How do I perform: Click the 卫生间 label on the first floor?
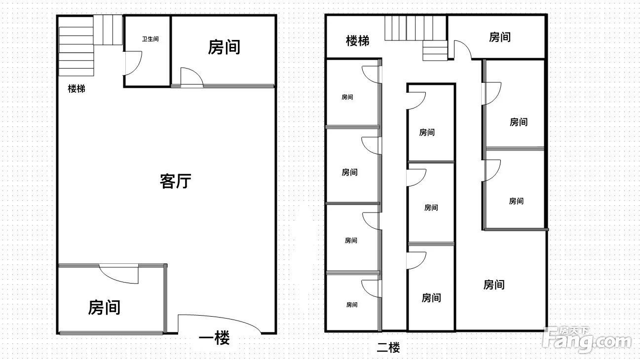coord(151,39)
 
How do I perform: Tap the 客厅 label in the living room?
coord(176,181)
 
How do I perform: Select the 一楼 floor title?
coord(214,338)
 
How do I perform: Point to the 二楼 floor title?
coord(388,348)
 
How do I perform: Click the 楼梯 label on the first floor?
coord(76,88)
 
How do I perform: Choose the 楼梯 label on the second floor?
coord(357,40)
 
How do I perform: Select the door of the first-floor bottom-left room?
coord(118,274)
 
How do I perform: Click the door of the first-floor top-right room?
coord(192,77)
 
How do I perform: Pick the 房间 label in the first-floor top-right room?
coord(224,47)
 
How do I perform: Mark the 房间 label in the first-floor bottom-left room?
coord(104,307)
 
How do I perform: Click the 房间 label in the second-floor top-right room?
coord(500,37)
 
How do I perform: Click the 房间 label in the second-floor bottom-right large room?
coord(494,285)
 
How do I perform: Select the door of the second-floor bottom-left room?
coord(372,288)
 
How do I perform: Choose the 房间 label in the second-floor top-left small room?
coord(347,97)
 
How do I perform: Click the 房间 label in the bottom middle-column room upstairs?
coord(431,298)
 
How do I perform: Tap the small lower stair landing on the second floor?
coord(435,50)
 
